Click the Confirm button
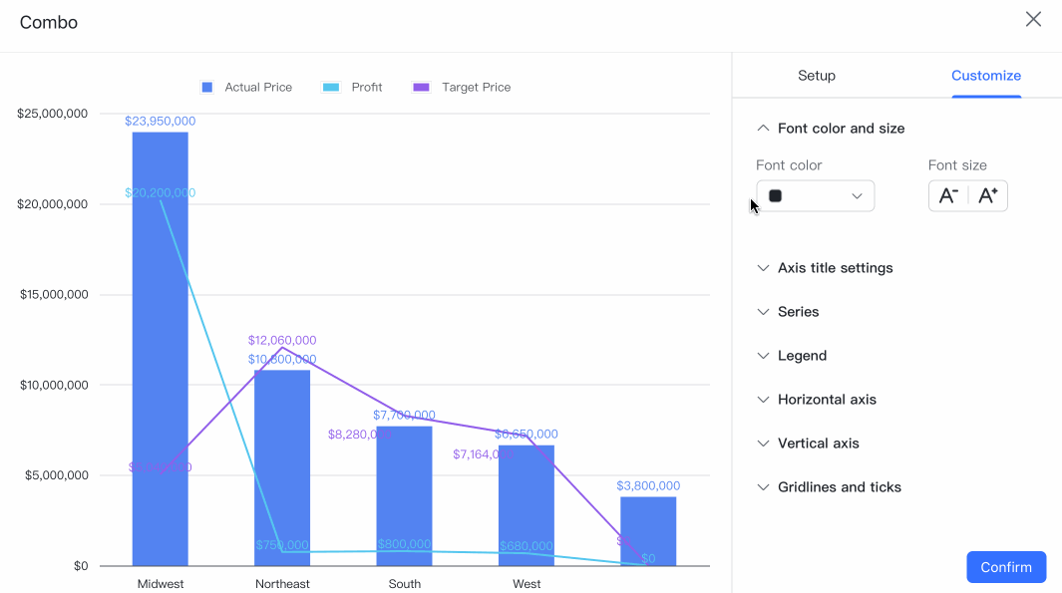pos(1005,567)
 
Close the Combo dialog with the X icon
pos(1033,20)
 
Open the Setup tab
pos(816,76)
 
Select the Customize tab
pos(985,76)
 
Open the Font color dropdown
pos(815,196)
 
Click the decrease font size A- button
pos(948,196)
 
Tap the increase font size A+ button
pos(987,196)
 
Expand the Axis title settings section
pos(835,268)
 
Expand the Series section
pos(798,312)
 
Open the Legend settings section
pos(802,356)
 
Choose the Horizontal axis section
pos(827,400)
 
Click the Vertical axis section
pos(818,444)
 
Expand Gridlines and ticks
pos(839,487)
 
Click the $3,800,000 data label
pos(648,486)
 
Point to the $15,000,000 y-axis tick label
pos(54,295)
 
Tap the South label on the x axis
pos(404,584)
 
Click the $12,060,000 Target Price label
pos(282,341)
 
